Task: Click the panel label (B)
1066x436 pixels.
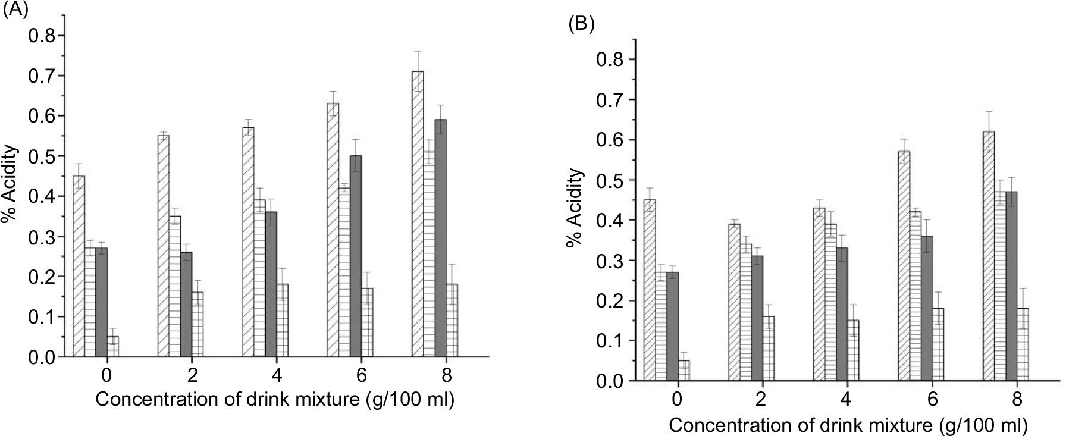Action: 581,24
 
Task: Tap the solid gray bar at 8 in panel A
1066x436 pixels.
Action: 441,238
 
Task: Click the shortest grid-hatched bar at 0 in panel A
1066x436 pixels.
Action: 112,347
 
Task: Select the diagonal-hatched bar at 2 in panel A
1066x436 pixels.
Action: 164,246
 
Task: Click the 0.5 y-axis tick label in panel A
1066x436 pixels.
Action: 42,156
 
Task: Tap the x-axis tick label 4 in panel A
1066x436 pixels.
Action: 277,376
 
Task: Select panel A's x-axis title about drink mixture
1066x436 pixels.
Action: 275,400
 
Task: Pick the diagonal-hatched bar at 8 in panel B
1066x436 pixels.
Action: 989,256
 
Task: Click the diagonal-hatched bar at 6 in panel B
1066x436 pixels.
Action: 904,266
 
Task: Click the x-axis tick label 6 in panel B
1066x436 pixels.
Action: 932,399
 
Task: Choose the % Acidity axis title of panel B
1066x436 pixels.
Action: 575,208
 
